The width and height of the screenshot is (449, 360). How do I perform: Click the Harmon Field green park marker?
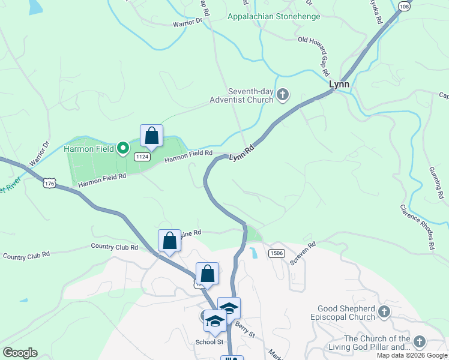click(123, 148)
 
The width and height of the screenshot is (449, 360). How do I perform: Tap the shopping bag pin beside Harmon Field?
click(151, 136)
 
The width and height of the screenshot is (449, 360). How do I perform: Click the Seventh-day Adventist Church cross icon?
click(284, 95)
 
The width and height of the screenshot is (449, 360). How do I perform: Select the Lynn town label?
click(339, 85)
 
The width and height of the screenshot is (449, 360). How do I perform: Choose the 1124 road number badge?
click(142, 157)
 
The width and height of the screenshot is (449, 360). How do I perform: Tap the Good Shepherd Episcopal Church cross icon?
click(384, 312)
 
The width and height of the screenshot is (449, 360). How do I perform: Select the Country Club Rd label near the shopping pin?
click(114, 247)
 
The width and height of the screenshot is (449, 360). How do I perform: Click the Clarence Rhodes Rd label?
click(417, 226)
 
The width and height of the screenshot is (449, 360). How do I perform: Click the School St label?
click(209, 342)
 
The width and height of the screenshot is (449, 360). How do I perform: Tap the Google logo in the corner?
click(20, 353)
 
